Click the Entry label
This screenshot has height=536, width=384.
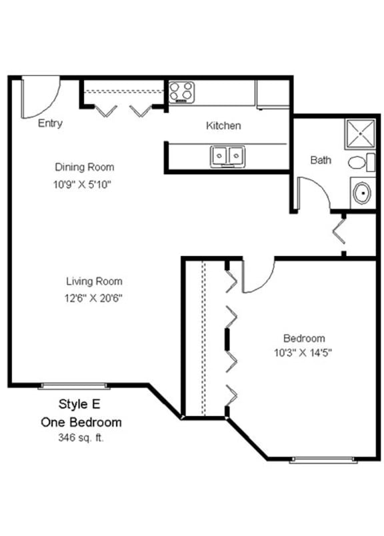(x=51, y=123)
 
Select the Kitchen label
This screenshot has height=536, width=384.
(x=223, y=125)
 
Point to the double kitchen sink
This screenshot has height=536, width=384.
(x=227, y=157)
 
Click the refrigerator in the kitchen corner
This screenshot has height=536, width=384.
(x=273, y=94)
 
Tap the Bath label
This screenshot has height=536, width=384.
(x=321, y=160)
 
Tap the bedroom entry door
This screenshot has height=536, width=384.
(x=257, y=276)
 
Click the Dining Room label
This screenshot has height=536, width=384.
(x=84, y=167)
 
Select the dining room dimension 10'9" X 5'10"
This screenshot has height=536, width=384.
(x=81, y=185)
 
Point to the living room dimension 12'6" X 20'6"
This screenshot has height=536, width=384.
(x=93, y=298)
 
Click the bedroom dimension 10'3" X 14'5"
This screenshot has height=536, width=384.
(x=303, y=354)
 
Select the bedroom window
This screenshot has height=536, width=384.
(x=323, y=459)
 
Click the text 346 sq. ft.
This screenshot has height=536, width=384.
(x=81, y=438)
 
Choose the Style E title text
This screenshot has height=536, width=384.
(x=81, y=404)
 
